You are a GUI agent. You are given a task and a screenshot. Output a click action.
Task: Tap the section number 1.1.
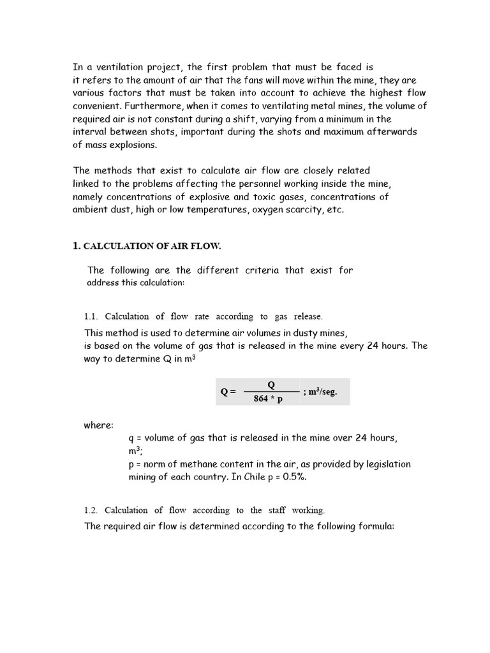(x=91, y=316)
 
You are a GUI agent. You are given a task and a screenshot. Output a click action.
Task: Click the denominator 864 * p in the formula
(x=268, y=400)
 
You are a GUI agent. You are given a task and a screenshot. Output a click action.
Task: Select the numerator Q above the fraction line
(x=271, y=385)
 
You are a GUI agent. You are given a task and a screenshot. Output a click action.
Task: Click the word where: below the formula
(x=98, y=425)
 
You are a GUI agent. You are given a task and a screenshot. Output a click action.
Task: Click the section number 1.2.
(x=91, y=510)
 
